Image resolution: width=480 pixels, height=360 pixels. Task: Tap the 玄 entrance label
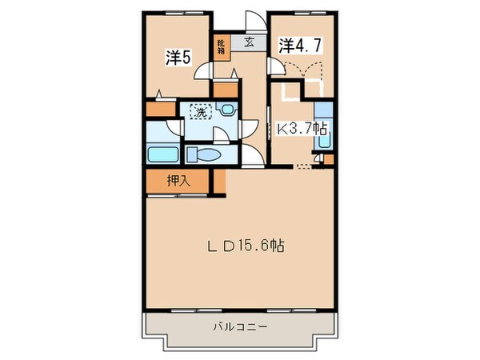click(250, 44)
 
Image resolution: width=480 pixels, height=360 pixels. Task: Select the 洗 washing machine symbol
click(199, 112)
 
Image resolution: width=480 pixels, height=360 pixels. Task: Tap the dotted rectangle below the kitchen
click(302, 166)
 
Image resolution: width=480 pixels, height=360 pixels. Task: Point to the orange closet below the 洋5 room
click(160, 107)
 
